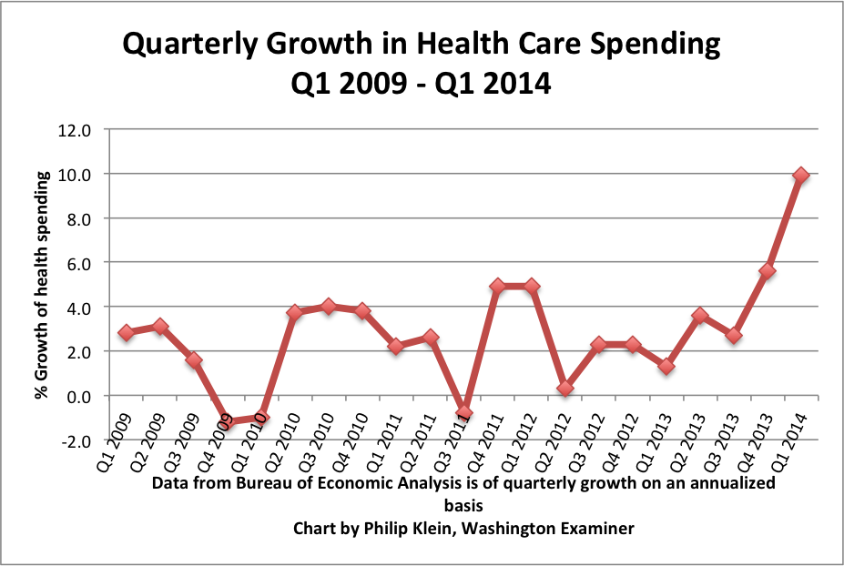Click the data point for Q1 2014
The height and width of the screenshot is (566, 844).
pyautogui.click(x=801, y=175)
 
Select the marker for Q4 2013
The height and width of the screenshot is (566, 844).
pyautogui.click(x=768, y=271)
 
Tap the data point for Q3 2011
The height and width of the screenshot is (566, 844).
pyautogui.click(x=463, y=413)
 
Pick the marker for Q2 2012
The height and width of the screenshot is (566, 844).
pyautogui.click(x=564, y=389)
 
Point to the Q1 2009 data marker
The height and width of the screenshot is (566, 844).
pyautogui.click(x=127, y=333)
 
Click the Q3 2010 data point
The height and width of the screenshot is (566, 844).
pyautogui.click(x=329, y=306)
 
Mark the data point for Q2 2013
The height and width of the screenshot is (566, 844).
pyautogui.click(x=700, y=316)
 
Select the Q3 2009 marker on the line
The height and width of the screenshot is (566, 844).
pyautogui.click(x=194, y=359)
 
